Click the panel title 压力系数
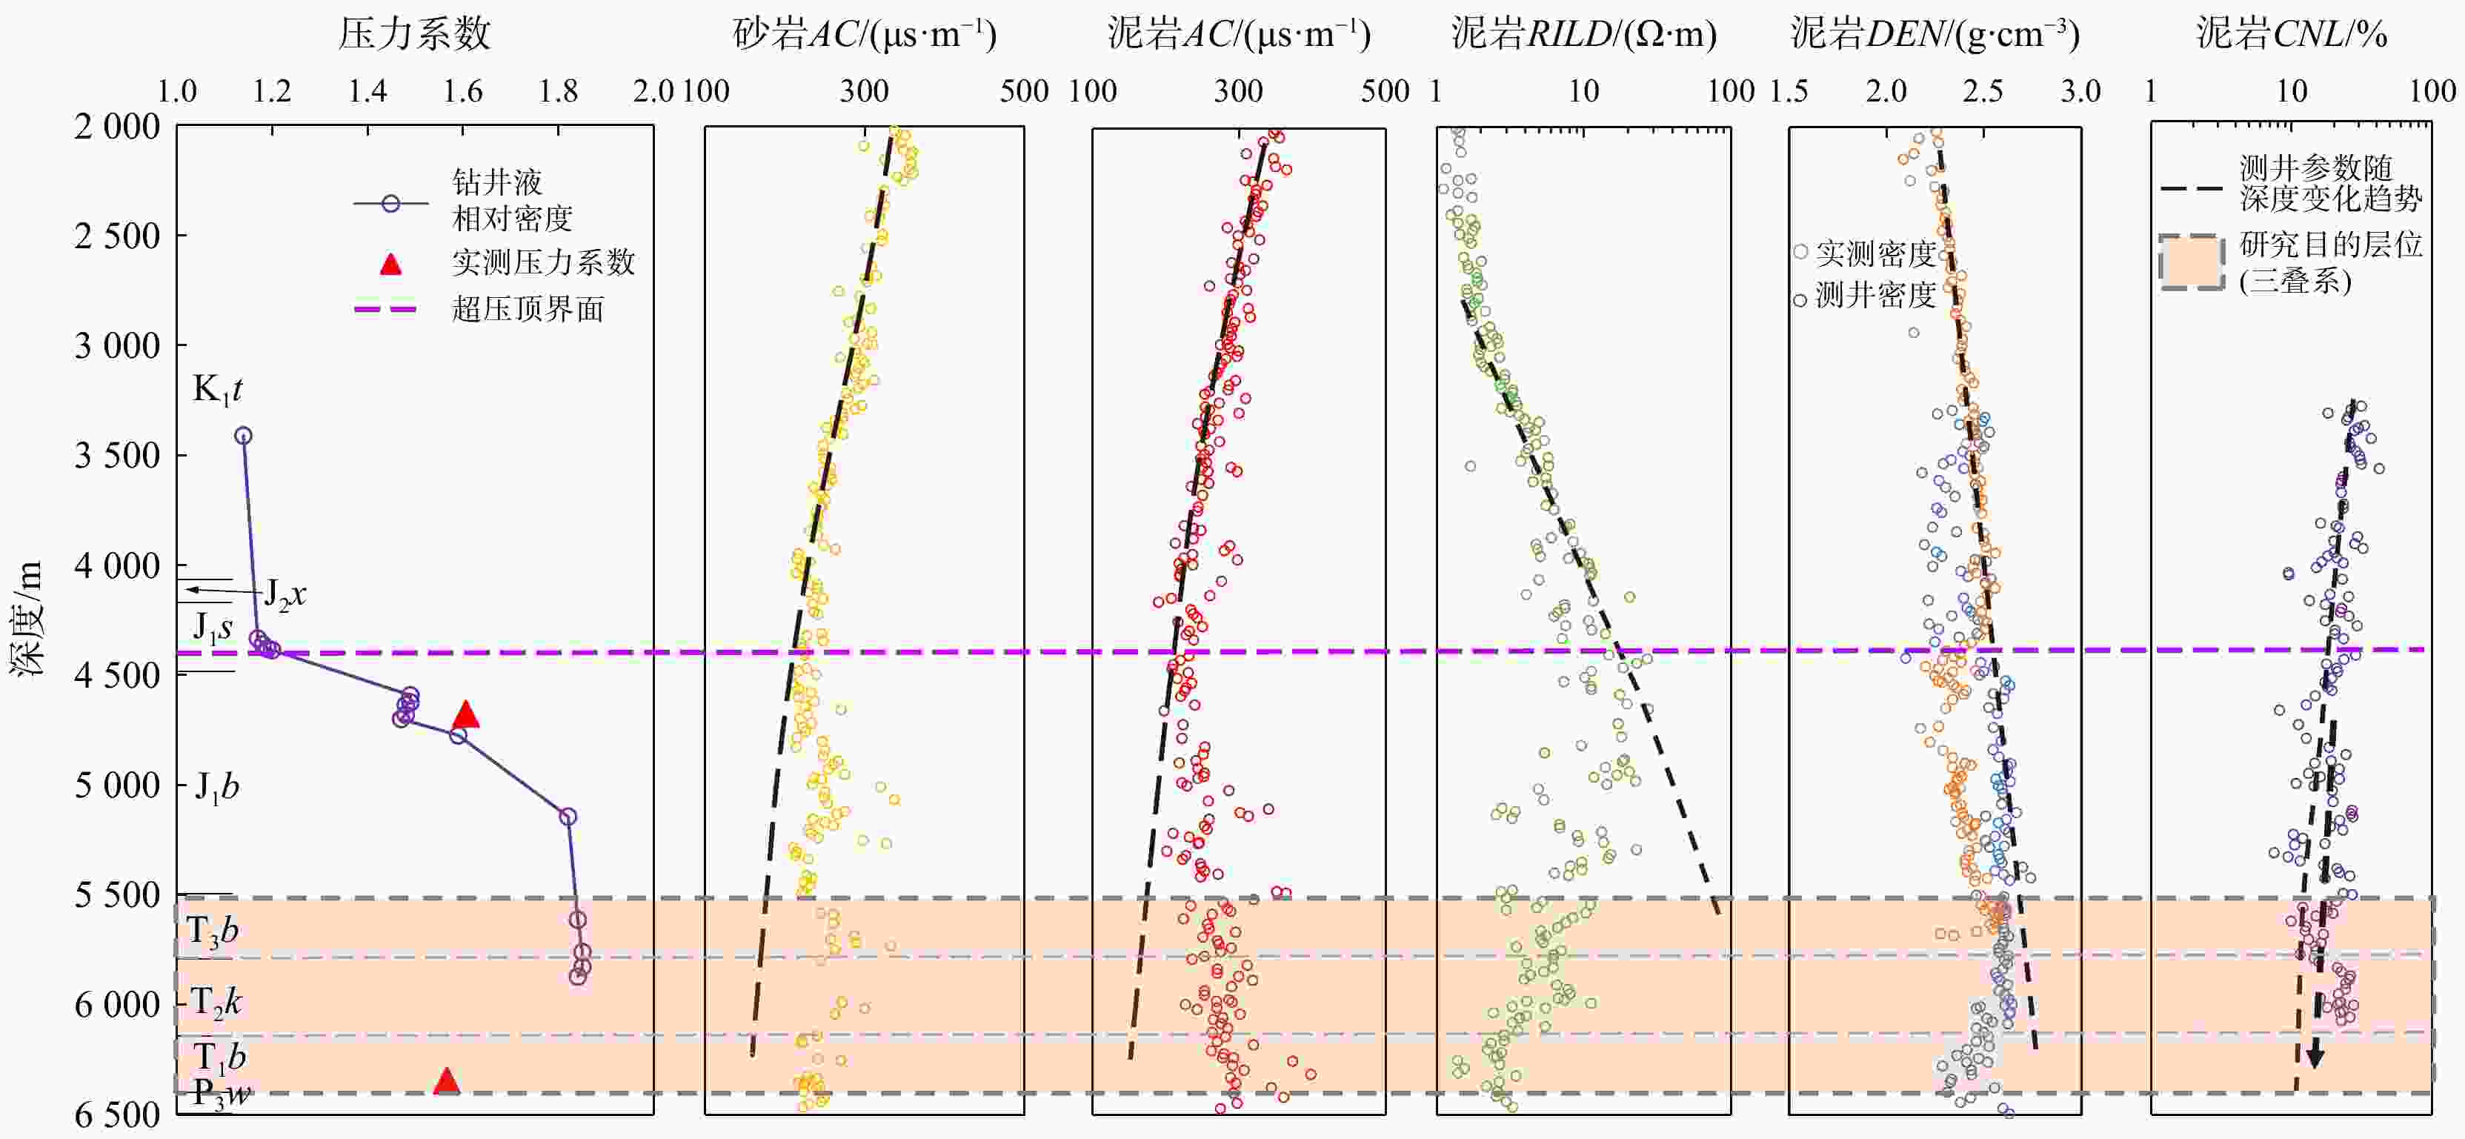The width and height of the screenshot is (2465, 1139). tap(414, 34)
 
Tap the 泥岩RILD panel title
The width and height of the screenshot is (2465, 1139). tap(1583, 34)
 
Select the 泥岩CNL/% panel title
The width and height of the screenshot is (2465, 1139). tap(2291, 34)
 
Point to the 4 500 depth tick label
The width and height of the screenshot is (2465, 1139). tap(118, 675)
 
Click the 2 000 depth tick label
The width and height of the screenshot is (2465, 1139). tap(118, 126)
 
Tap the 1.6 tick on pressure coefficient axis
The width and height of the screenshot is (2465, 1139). tap(463, 92)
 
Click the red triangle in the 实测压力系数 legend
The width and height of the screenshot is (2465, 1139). tap(390, 264)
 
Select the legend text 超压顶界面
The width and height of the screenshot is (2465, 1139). tap(528, 309)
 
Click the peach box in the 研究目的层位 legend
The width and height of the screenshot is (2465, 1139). tap(2192, 262)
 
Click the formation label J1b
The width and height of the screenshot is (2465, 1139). tap(217, 787)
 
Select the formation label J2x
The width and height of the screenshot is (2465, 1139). tap(285, 594)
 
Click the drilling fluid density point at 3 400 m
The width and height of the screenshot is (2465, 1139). tap(244, 436)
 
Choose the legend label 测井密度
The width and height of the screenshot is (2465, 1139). tap(1875, 296)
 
